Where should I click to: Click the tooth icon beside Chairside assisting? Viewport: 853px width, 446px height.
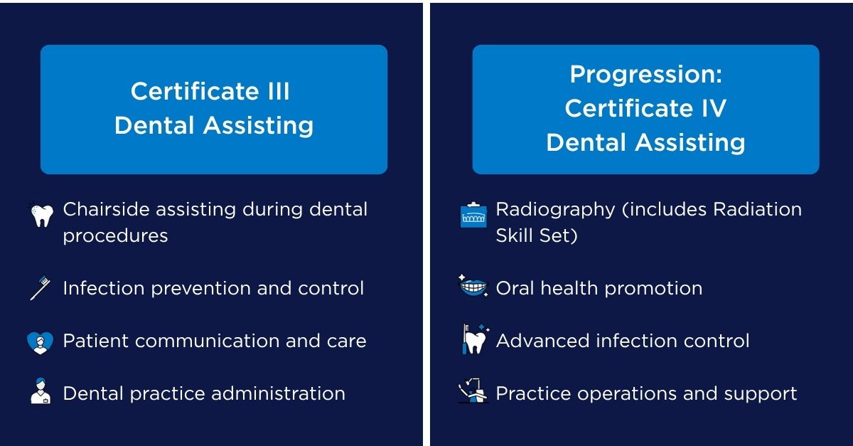click(x=41, y=214)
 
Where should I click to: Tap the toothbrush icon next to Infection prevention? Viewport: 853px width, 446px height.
click(x=41, y=288)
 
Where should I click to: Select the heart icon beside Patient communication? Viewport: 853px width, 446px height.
click(x=40, y=342)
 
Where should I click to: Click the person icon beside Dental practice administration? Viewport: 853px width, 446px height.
click(x=41, y=391)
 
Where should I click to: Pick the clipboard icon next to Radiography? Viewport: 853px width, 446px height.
click(x=473, y=215)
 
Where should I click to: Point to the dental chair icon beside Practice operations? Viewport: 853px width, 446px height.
click(x=473, y=391)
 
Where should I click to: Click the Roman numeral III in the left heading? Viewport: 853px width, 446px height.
click(x=279, y=92)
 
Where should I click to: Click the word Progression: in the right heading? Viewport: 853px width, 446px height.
click(x=646, y=74)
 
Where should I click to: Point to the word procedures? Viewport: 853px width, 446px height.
click(x=115, y=236)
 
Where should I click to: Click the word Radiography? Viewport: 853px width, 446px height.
click(x=555, y=211)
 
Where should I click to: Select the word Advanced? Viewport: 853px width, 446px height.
click(x=543, y=341)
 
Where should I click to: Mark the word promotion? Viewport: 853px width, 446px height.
click(x=653, y=289)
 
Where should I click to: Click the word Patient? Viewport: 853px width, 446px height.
click(x=96, y=341)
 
